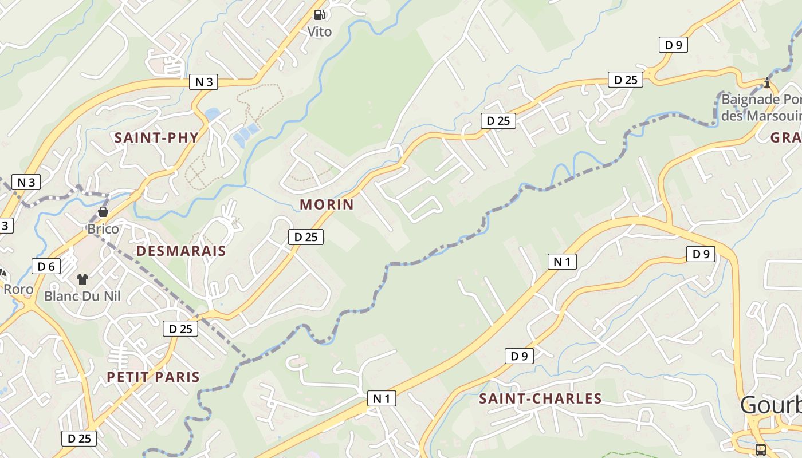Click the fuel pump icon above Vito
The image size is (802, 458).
320,15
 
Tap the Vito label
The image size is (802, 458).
320,31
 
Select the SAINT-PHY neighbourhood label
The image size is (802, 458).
156,137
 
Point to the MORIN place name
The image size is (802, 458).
327,204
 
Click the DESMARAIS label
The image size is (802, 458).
181,251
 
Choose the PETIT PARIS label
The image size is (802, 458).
154,377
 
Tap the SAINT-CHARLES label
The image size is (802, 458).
540,398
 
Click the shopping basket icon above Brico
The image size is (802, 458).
103,212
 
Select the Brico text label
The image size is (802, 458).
103,229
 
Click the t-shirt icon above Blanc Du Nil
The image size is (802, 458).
82,279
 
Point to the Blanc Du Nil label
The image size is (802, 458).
82,296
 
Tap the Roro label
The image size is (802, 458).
18,289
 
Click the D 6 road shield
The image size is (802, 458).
46,266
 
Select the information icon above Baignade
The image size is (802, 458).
766,83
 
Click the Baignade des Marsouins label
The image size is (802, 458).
761,107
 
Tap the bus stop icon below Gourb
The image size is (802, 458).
761,449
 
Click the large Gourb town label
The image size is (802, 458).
770,405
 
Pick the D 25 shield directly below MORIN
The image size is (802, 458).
306,237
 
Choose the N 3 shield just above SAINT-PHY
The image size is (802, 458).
204,82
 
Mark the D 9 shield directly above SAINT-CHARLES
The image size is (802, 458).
519,356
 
